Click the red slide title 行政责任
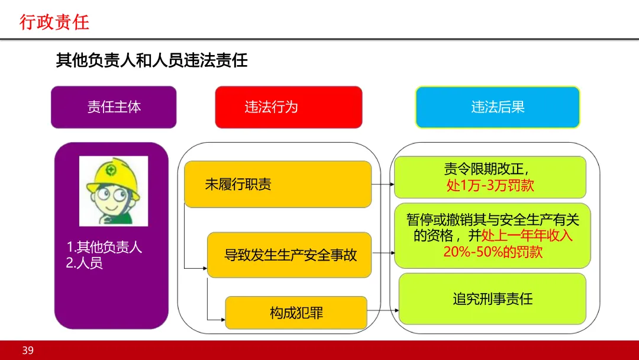pos(54,22)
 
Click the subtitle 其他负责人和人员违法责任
pos(151,60)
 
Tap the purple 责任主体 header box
pos(114,107)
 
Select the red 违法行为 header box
pos(288,107)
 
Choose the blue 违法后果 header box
pos(498,107)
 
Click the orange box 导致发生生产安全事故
pos(289,255)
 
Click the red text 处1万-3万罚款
pos(490,185)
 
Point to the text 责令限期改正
pos(490,169)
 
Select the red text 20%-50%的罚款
pos(492,252)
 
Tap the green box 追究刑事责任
pos(492,298)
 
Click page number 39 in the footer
pos(28,351)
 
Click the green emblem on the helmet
pos(110,169)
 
